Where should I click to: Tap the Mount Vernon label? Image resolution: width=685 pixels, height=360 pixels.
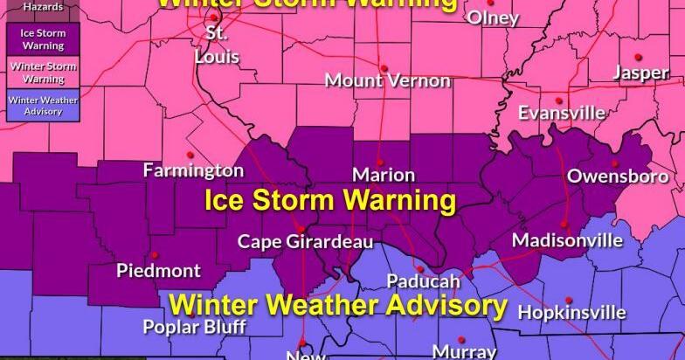coord(388,80)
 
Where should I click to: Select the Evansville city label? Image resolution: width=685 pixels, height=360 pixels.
coord(562,113)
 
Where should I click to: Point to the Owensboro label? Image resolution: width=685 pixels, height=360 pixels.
coord(618,177)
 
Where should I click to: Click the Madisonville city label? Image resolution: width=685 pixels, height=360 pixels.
coord(567,239)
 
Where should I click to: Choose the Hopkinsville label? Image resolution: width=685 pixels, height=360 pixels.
coord(572,312)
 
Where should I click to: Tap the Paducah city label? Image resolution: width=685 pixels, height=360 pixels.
coord(424,281)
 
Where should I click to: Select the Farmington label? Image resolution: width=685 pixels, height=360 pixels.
coord(193,170)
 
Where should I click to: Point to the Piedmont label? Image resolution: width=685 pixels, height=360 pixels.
coord(158,270)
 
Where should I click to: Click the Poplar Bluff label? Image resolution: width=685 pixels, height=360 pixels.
coord(195,328)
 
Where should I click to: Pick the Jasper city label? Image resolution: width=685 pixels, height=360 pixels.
coord(640,73)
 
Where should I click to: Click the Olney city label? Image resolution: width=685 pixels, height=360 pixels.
coord(495,18)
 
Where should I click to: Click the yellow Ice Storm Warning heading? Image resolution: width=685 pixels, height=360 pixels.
coord(330,201)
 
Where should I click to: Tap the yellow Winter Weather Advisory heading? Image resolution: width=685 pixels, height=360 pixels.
coord(338,306)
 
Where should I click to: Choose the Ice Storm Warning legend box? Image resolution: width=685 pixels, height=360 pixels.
coord(31,38)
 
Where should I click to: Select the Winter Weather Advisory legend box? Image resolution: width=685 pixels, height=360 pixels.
coord(31,106)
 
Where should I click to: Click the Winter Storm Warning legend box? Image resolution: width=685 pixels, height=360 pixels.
coord(31,72)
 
